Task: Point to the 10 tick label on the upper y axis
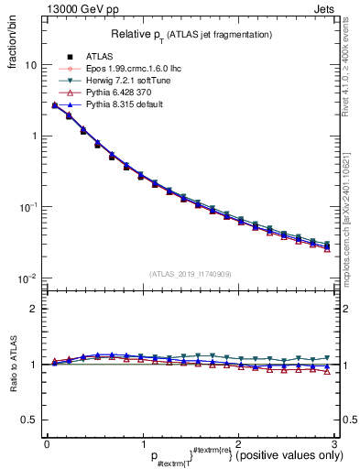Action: (30, 66)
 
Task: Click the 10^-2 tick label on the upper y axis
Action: (27, 278)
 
